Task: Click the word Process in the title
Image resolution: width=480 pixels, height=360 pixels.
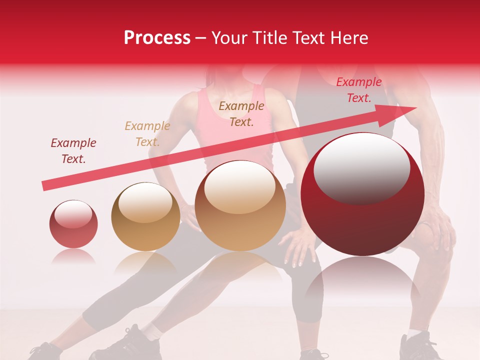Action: coord(157,38)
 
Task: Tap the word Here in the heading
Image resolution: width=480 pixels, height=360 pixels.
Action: coord(349,38)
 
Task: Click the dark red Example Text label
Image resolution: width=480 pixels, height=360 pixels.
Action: coord(73,151)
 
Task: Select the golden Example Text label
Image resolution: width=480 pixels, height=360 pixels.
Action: coord(147,134)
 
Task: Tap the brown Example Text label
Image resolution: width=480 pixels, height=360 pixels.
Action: coord(241,113)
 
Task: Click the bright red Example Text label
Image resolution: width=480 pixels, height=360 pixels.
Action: coord(358,90)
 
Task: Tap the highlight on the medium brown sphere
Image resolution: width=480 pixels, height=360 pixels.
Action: coord(240,188)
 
